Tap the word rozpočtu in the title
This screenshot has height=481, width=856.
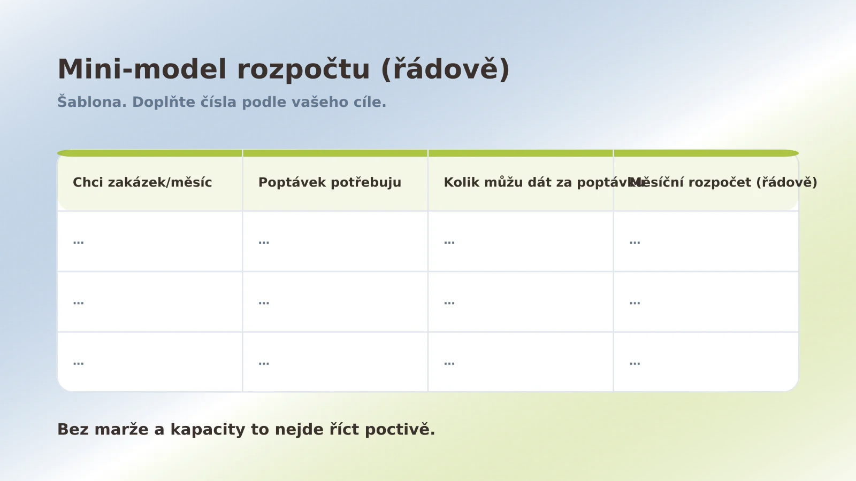tap(303, 69)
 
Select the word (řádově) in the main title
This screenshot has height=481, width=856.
tap(445, 69)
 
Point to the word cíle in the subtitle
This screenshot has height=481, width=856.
tap(370, 102)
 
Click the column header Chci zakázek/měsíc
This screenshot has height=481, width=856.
tap(142, 182)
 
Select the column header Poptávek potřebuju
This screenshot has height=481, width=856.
tap(330, 182)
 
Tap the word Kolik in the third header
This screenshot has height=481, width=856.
tap(462, 182)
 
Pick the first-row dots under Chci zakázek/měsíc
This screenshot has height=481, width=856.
tap(79, 242)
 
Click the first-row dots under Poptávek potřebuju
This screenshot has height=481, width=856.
tap(264, 242)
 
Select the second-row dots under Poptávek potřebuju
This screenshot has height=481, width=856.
tap(264, 302)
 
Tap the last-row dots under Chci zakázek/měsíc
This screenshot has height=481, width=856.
tap(79, 363)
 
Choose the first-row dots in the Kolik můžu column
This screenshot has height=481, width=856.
tap(449, 242)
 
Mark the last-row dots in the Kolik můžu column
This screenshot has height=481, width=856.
tap(449, 363)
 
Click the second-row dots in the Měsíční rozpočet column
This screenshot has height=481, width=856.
tap(635, 302)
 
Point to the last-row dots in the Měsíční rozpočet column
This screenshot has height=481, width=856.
tap(635, 363)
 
